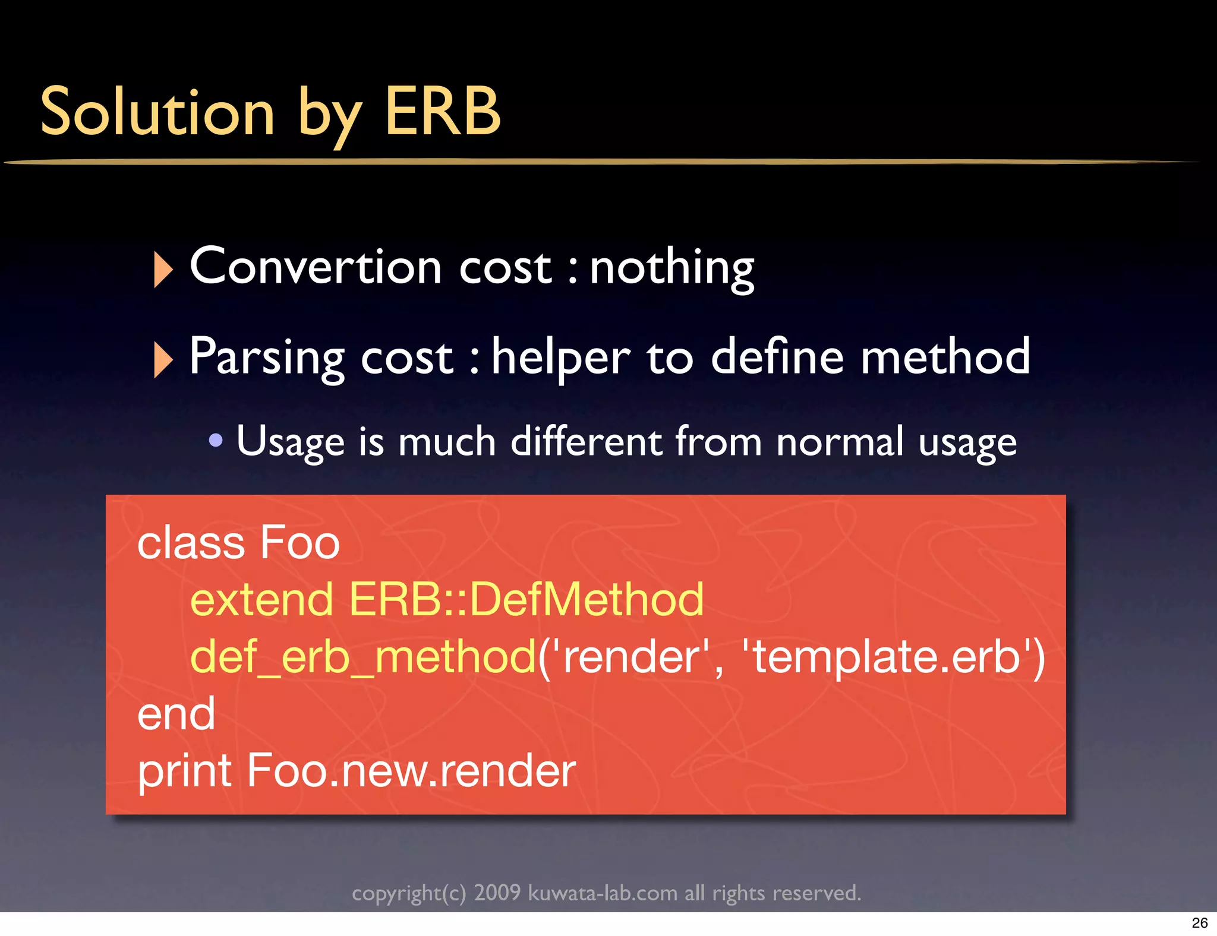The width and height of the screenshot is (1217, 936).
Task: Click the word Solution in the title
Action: (x=157, y=112)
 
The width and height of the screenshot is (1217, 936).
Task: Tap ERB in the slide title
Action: (x=443, y=112)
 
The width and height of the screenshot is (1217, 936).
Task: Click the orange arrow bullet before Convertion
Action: (x=162, y=269)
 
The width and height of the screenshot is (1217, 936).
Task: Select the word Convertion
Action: (x=315, y=267)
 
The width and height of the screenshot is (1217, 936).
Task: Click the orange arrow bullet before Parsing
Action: (x=162, y=359)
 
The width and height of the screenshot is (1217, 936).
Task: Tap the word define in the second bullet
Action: (x=777, y=357)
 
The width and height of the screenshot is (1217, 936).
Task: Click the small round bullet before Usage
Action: (x=216, y=441)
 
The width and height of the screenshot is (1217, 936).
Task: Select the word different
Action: (x=586, y=441)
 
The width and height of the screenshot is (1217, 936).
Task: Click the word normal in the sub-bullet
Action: (x=840, y=441)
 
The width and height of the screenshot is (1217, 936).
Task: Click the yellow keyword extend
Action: (x=261, y=599)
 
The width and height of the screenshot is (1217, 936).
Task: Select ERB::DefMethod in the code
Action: (x=526, y=599)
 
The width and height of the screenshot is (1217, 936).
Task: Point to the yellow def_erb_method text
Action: (x=363, y=657)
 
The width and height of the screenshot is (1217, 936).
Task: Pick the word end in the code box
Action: (x=176, y=714)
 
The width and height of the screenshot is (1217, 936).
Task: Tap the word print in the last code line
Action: (x=184, y=771)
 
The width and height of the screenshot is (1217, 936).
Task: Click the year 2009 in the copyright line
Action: (x=497, y=893)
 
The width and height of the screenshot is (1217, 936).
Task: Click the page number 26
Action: (x=1199, y=923)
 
